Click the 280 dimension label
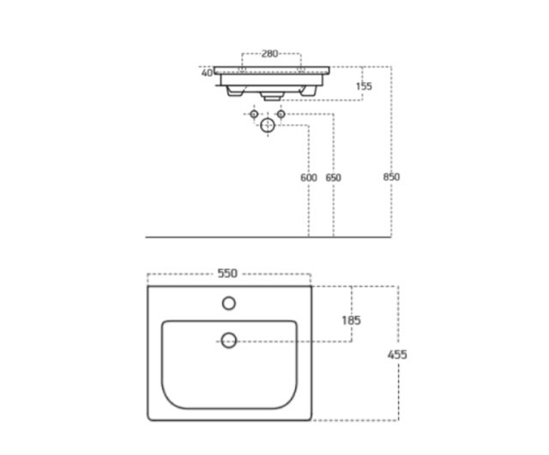pyautogui.click(x=269, y=53)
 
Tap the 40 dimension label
pyautogui.click(x=207, y=73)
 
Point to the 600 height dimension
pyautogui.click(x=309, y=177)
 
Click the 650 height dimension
pyautogui.click(x=333, y=177)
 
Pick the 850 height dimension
pyautogui.click(x=392, y=177)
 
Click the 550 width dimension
pyautogui.click(x=227, y=273)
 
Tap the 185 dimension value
pyautogui.click(x=351, y=320)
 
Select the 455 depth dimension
pyautogui.click(x=397, y=354)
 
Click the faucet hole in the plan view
pyautogui.click(x=229, y=302)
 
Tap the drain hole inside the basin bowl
pyautogui.click(x=229, y=340)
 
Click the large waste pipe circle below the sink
pyautogui.click(x=268, y=126)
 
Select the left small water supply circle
pyautogui.click(x=253, y=113)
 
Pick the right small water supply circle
pyautogui.click(x=281, y=113)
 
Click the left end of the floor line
pyautogui.click(x=148, y=236)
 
